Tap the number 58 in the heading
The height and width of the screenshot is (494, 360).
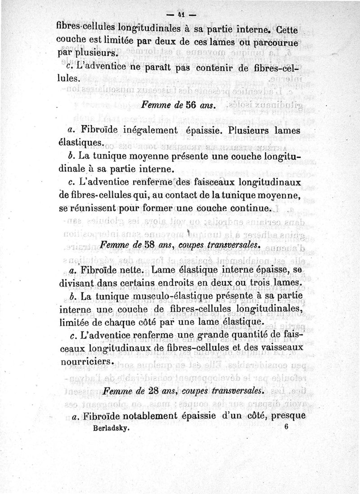coord(138,245)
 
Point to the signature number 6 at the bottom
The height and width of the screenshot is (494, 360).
coord(286,428)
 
